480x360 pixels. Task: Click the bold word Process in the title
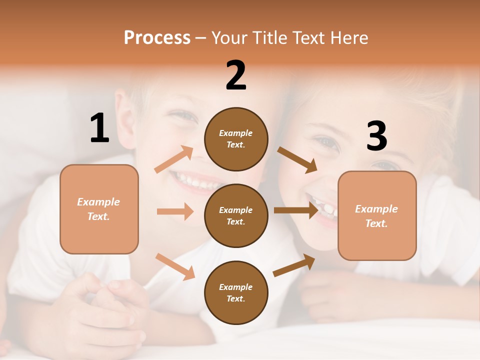pos(157,38)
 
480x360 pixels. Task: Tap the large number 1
pos(99,128)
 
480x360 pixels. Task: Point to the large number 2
pos(236,75)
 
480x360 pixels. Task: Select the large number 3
pos(376,136)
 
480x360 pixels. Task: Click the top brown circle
pos(236,138)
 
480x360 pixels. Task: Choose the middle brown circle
pos(236,215)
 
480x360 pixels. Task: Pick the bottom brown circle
pos(236,292)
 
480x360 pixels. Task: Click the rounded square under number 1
pos(99,209)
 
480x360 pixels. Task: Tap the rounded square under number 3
pos(377,215)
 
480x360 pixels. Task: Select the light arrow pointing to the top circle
pos(174,159)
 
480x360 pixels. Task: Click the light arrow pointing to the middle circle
pos(175,211)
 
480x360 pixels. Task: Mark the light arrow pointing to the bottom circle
pos(175,266)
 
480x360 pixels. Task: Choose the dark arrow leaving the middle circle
pos(296,210)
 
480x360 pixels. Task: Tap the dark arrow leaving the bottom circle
pos(294,265)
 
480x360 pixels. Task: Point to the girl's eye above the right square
pos(328,142)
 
